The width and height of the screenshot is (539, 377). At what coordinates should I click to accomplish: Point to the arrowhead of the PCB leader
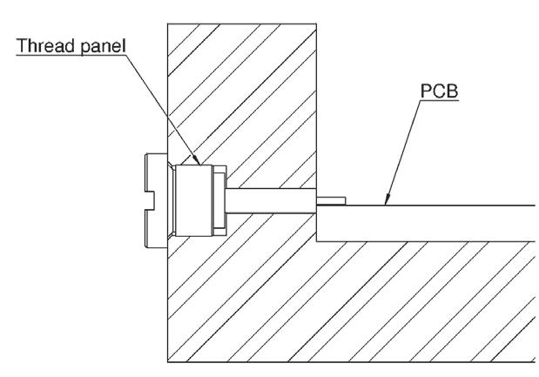(386, 203)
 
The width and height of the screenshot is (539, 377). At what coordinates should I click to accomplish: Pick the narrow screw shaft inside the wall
(270, 201)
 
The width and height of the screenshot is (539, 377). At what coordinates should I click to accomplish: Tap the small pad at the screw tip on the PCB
(332, 201)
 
